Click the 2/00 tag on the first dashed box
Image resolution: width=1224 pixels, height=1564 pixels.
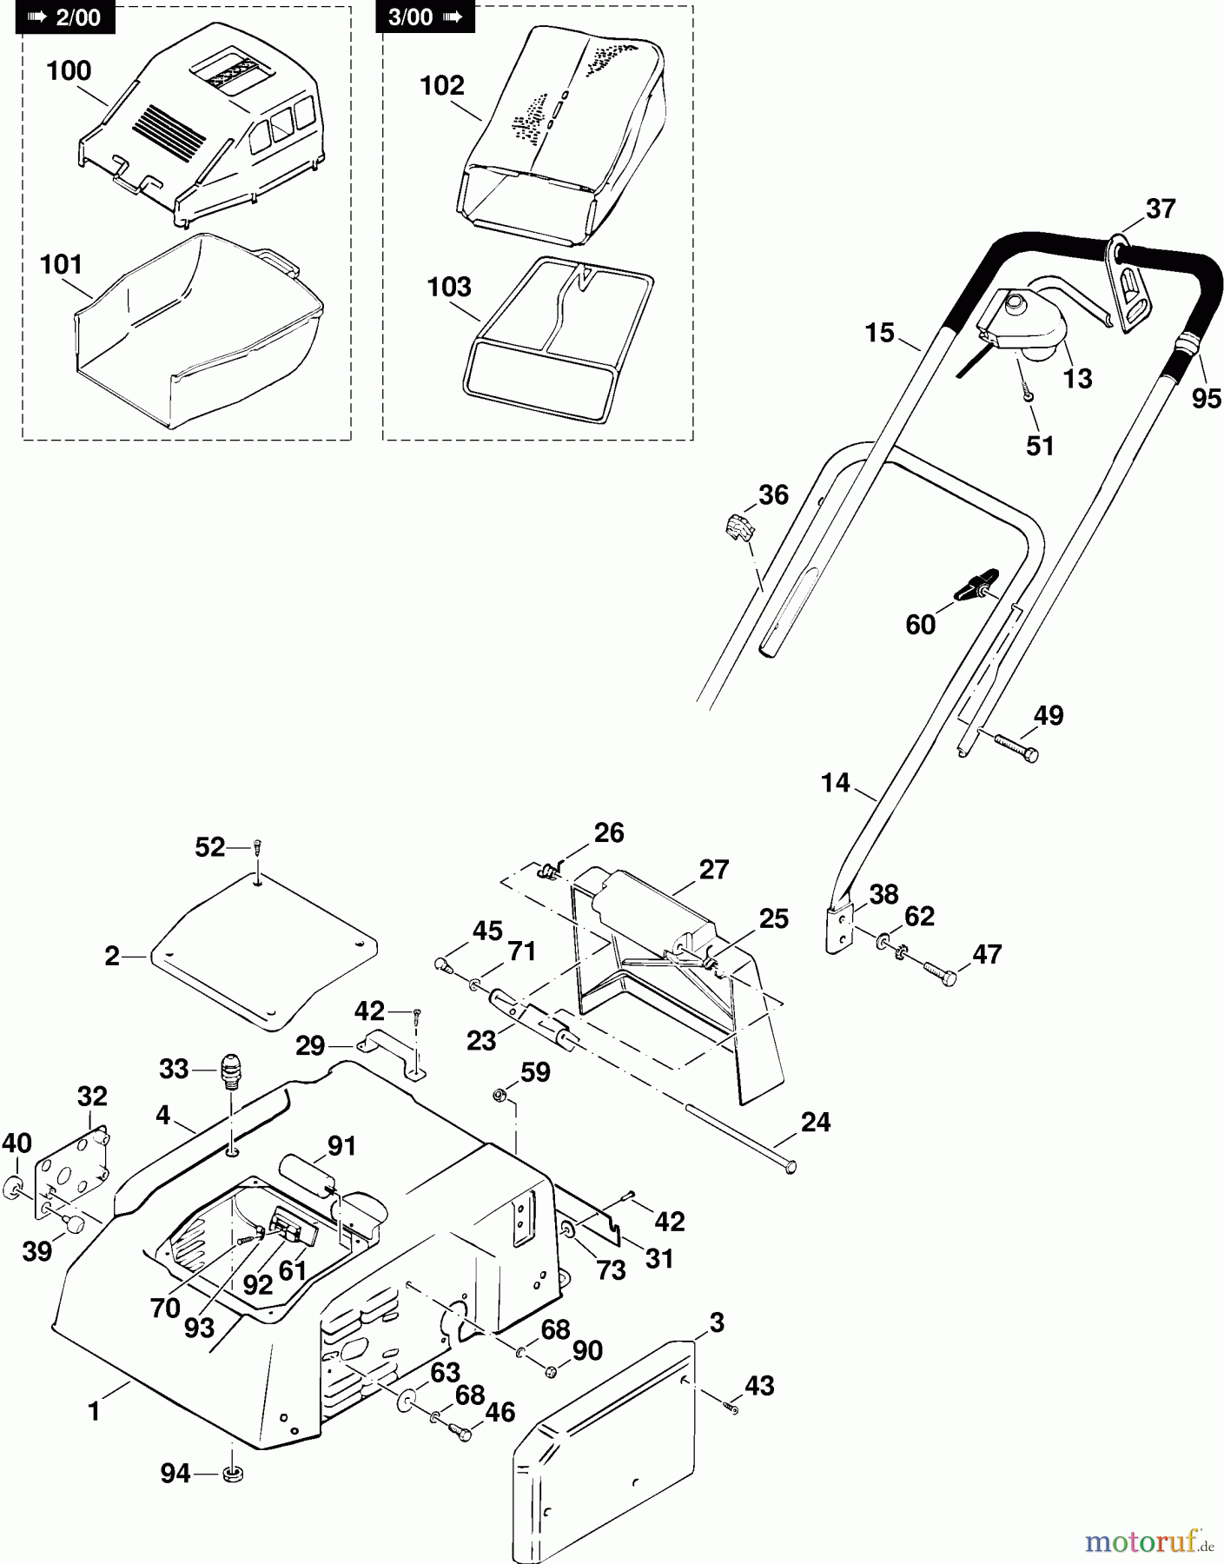65,17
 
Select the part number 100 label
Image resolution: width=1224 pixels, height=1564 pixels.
69,70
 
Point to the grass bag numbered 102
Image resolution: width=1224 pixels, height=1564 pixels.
556,139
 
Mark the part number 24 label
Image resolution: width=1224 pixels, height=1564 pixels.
815,1122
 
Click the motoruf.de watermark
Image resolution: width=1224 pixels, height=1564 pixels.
1148,1541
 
